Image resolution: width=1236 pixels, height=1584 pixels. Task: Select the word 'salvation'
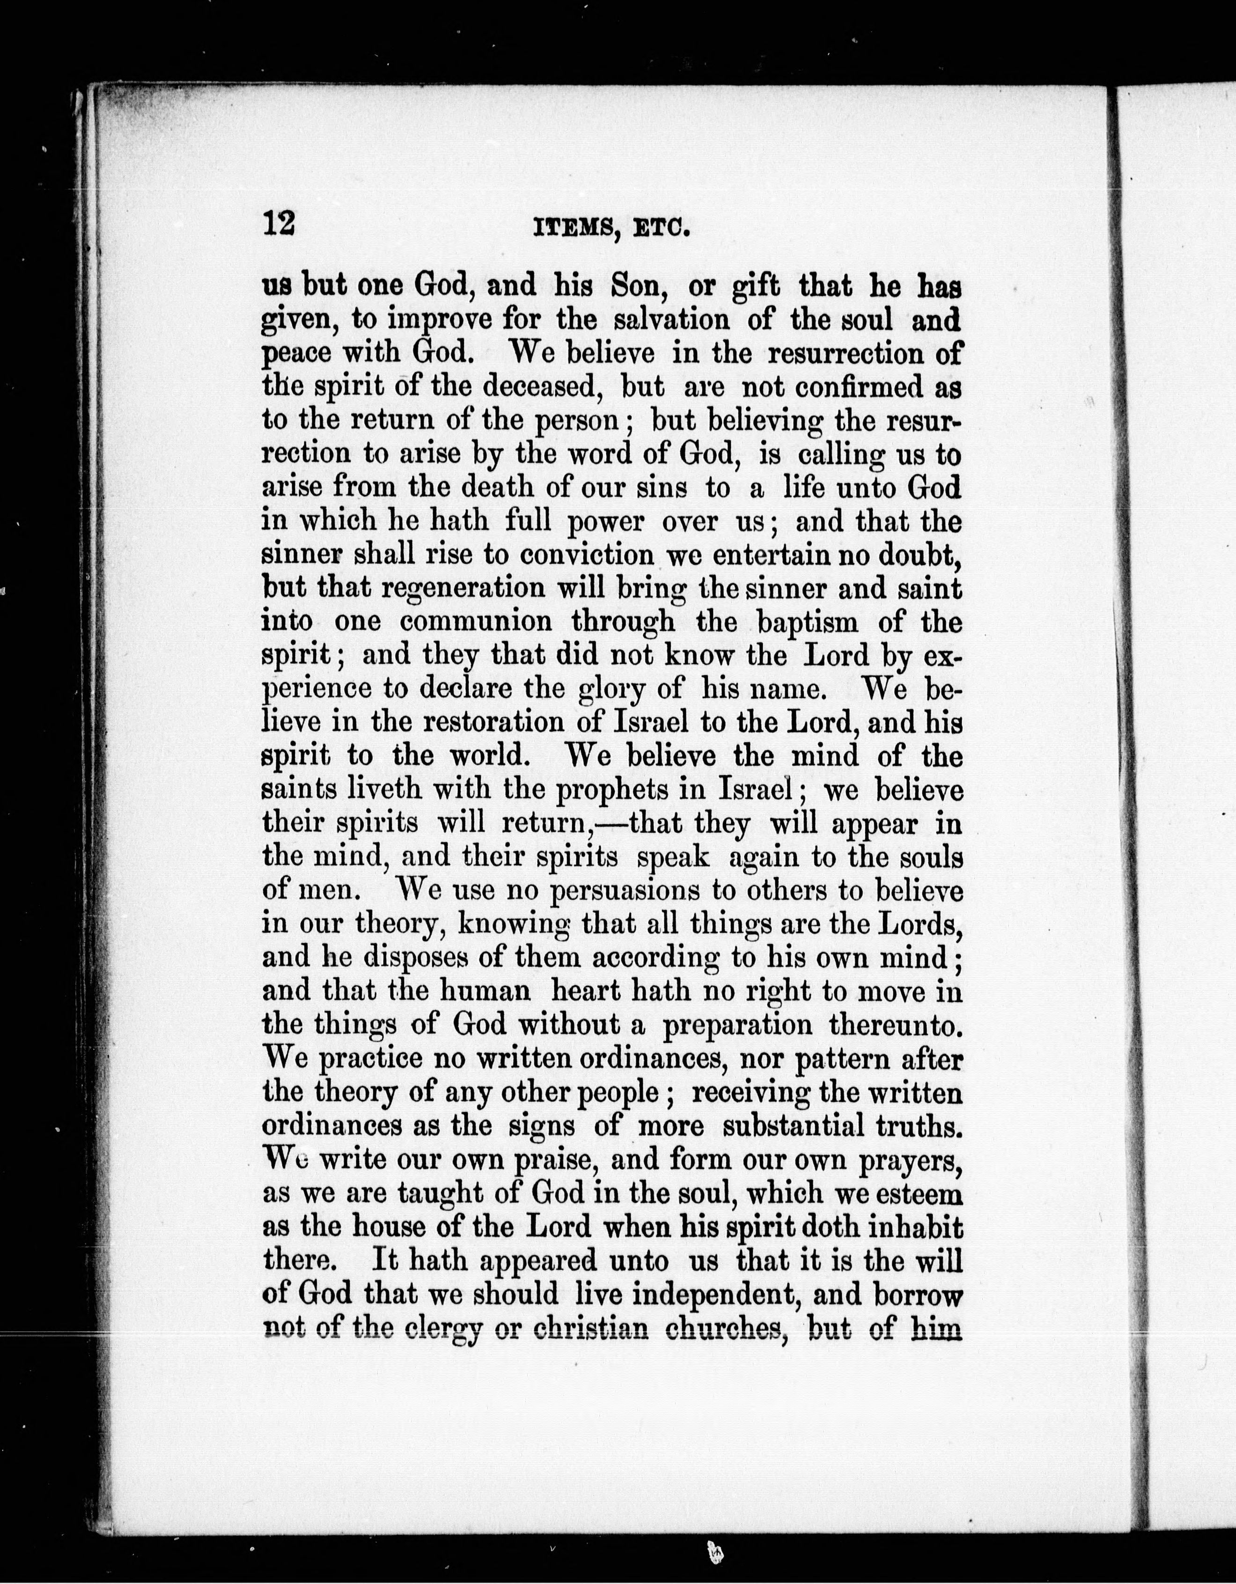point(672,320)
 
